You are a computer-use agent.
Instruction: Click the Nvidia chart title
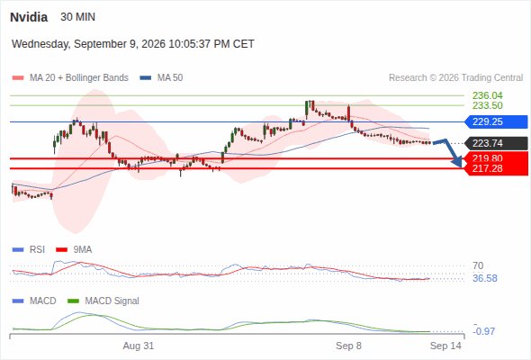click(x=29, y=17)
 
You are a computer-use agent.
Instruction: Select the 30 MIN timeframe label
click(x=77, y=17)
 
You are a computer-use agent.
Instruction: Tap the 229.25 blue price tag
click(x=496, y=121)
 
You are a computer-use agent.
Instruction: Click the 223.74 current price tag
click(x=496, y=143)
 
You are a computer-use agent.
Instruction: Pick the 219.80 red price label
click(x=487, y=158)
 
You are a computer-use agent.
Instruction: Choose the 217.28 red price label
click(x=487, y=168)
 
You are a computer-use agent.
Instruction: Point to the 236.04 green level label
click(x=487, y=95)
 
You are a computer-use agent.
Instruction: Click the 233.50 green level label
click(x=487, y=105)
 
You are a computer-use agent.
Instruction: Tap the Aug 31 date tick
click(x=139, y=346)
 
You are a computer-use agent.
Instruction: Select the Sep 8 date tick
click(x=348, y=346)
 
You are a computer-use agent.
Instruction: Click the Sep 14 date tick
click(x=445, y=346)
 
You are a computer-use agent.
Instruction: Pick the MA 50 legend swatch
click(x=145, y=78)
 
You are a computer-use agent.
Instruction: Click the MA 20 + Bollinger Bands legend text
click(x=79, y=78)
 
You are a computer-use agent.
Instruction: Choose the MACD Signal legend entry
click(x=103, y=301)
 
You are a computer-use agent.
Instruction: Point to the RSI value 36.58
click(x=485, y=278)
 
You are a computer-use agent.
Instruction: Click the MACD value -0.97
click(x=485, y=331)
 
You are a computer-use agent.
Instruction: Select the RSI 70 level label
click(x=478, y=265)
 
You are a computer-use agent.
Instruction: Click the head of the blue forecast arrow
click(x=458, y=164)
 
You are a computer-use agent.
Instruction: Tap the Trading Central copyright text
click(x=455, y=78)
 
